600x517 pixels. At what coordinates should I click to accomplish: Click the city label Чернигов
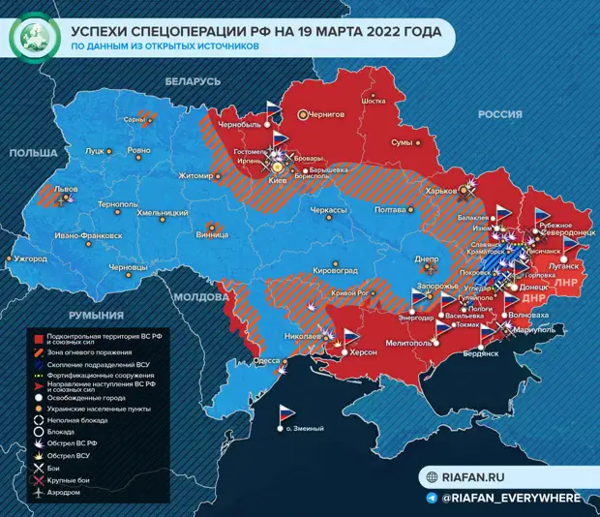(x=327, y=114)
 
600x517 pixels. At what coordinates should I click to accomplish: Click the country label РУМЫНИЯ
(x=94, y=316)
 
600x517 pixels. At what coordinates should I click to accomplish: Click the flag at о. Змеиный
(x=286, y=412)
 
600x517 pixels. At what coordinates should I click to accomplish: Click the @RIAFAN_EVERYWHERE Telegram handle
(x=511, y=498)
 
